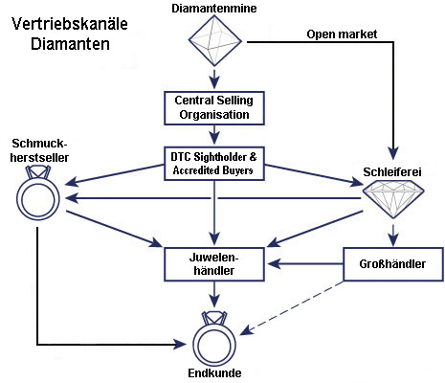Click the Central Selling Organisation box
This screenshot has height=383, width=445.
214,108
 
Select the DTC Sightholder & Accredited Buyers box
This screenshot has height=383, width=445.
214,164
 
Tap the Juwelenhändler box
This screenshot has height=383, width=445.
214,264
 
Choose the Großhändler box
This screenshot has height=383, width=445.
393,264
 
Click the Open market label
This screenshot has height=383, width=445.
342,34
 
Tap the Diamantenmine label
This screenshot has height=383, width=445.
214,9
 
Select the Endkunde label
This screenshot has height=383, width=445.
214,373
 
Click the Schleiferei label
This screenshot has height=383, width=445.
392,172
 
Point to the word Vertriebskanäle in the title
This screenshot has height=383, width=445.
70,24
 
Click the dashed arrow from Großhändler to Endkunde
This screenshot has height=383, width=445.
292,307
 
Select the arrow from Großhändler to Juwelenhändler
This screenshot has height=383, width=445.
305,264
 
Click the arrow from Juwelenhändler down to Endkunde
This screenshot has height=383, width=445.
214,294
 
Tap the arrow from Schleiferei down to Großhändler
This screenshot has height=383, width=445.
393,236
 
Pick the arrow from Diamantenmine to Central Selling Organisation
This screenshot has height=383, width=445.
214,79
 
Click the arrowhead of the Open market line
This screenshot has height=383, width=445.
393,154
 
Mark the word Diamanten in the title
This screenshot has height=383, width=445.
70,44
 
